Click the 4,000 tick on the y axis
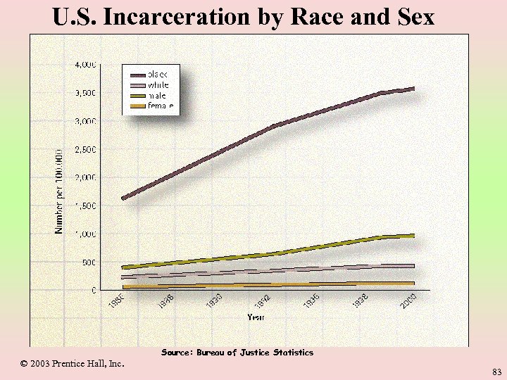pos(86,65)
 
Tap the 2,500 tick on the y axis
pos(86,149)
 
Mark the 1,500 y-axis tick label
pos(86,205)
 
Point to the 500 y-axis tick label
pos(89,262)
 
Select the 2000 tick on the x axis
pos(409,303)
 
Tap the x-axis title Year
pos(256,317)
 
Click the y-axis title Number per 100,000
pos(60,191)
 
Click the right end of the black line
pos(413,89)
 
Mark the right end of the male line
pos(413,236)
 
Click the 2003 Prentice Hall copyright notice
pos(72,364)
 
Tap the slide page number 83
pos(496,371)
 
